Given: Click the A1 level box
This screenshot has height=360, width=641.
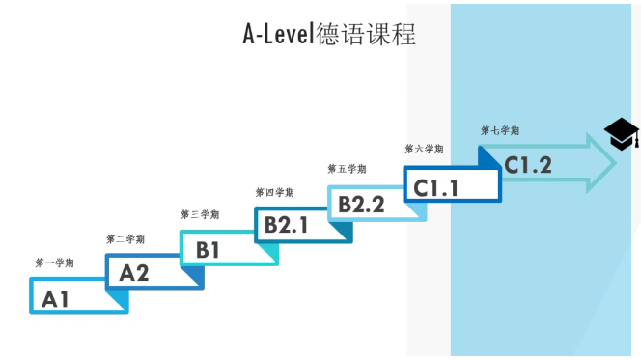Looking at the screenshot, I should tap(77, 296).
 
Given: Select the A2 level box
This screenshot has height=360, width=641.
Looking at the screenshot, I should tap(153, 272).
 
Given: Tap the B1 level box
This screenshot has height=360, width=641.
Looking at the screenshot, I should tap(228, 248).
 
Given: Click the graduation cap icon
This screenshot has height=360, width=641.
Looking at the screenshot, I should tap(622, 135).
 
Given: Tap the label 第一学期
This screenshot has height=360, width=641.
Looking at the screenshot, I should tap(54, 263).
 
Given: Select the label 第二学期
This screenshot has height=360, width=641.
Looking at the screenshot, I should tap(125, 239).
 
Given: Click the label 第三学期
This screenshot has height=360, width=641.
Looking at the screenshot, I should tap(200, 214).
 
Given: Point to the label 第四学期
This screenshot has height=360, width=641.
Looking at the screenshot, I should tap(275, 192).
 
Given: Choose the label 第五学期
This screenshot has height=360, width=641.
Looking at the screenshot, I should tap(348, 169).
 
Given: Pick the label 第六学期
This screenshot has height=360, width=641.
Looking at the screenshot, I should tap(424, 149).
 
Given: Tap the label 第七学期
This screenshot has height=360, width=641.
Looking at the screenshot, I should tap(500, 129).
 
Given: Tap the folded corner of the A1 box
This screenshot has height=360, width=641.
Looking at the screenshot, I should tap(118, 305).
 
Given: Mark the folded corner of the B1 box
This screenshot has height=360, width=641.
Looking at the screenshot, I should tap(269, 256).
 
